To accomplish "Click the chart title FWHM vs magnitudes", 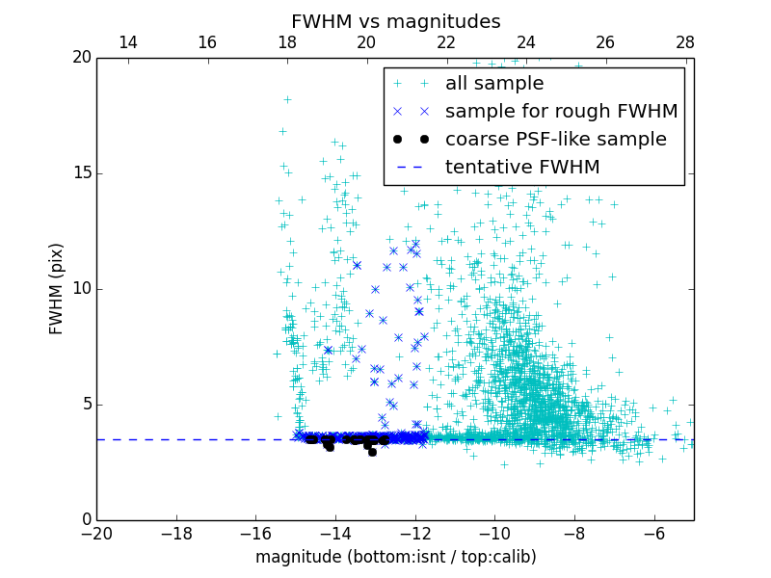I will tap(395, 21).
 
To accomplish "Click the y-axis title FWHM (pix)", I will tap(57, 288).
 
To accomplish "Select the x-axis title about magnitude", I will tap(395, 557).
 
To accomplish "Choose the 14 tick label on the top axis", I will tap(127, 42).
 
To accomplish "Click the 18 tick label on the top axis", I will tap(287, 42).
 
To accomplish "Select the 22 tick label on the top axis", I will tap(446, 42).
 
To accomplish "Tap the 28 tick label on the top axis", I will tap(685, 42).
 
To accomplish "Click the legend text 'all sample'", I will tap(494, 84).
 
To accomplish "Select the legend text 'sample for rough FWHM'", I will tap(561, 112).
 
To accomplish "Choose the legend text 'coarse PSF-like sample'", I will tap(555, 140).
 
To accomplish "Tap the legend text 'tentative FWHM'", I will tap(522, 168).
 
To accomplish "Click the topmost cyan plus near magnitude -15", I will tap(287, 99).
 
